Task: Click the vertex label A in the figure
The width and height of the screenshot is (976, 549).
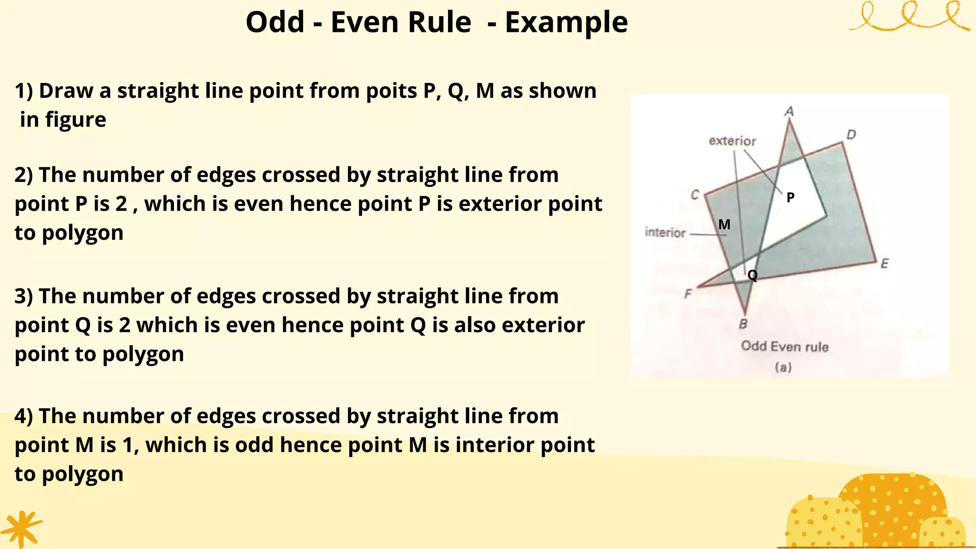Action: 789,112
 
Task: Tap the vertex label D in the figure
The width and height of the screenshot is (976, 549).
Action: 851,135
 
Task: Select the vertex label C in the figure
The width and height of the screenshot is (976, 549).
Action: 695,195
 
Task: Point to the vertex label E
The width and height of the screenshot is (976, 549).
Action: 884,264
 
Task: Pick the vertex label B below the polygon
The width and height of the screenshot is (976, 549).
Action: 743,325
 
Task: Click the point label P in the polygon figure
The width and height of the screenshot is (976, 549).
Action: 791,197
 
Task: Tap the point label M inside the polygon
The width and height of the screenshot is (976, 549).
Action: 724,224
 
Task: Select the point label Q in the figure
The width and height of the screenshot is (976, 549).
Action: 752,275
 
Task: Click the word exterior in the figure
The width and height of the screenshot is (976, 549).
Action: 732,141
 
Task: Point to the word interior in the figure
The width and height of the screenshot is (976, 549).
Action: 665,233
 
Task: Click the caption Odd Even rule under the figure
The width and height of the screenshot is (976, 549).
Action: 784,346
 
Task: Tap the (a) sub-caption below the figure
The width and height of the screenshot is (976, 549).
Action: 783,367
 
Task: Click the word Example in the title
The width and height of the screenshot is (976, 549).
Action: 566,23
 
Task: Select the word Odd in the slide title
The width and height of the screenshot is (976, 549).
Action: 275,22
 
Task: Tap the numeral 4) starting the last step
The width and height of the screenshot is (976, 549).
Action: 24,416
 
